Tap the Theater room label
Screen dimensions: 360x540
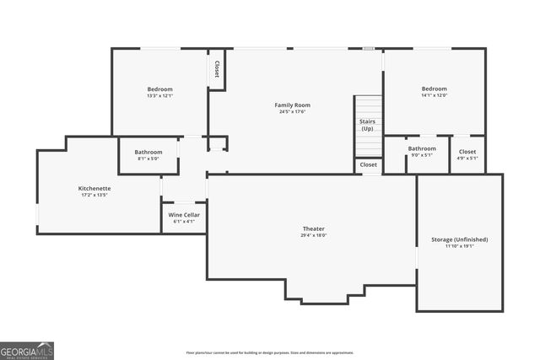click(x=314, y=229)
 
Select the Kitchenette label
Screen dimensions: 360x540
click(x=93, y=188)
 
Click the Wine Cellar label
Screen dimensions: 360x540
click(x=183, y=215)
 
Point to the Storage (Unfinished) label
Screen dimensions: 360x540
click(x=459, y=239)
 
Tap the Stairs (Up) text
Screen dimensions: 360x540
click(x=368, y=126)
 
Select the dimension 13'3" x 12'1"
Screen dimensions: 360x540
click(x=159, y=96)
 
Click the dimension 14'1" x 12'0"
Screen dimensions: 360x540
click(x=435, y=95)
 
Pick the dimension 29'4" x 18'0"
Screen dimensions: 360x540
click(x=314, y=236)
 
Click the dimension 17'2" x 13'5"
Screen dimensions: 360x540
click(x=93, y=195)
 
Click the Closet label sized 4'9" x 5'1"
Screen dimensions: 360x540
click(x=467, y=151)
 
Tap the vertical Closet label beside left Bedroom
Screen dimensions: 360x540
click(x=217, y=69)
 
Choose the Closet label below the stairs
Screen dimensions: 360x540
click(x=369, y=164)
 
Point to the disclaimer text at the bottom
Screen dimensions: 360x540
click(x=269, y=352)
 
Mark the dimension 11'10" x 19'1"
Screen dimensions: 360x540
click(x=459, y=246)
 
